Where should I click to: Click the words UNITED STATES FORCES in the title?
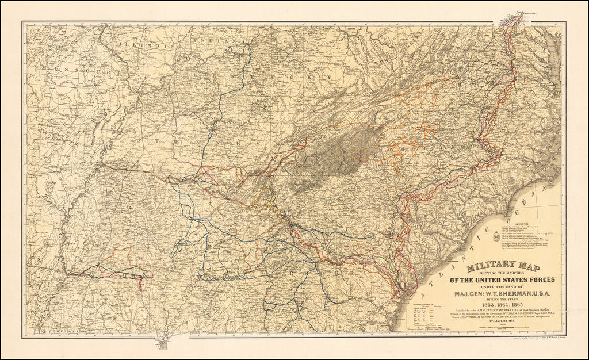(502, 280)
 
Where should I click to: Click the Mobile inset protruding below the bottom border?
(163, 343)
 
